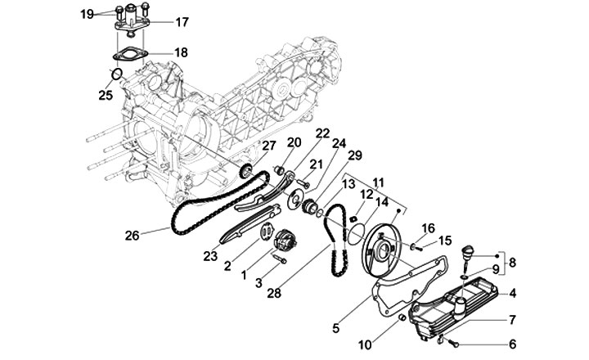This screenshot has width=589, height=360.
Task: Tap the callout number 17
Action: tap(182, 21)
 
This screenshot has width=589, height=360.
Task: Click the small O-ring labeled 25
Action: tap(117, 76)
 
